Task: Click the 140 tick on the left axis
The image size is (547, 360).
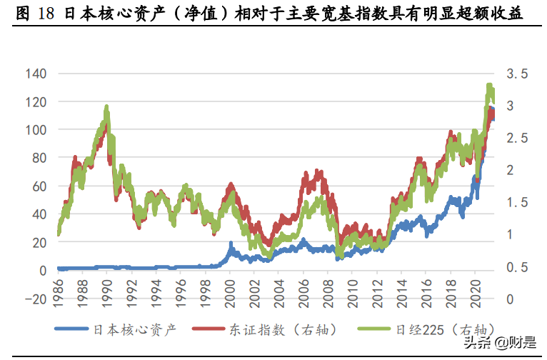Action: pyautogui.click(x=36, y=74)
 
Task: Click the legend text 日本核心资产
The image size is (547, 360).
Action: pyautogui.click(x=135, y=330)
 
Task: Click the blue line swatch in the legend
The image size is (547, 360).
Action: pyautogui.click(x=72, y=330)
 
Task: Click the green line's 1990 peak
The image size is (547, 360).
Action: pyautogui.click(x=106, y=108)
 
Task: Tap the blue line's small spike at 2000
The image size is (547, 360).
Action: pyautogui.click(x=230, y=244)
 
